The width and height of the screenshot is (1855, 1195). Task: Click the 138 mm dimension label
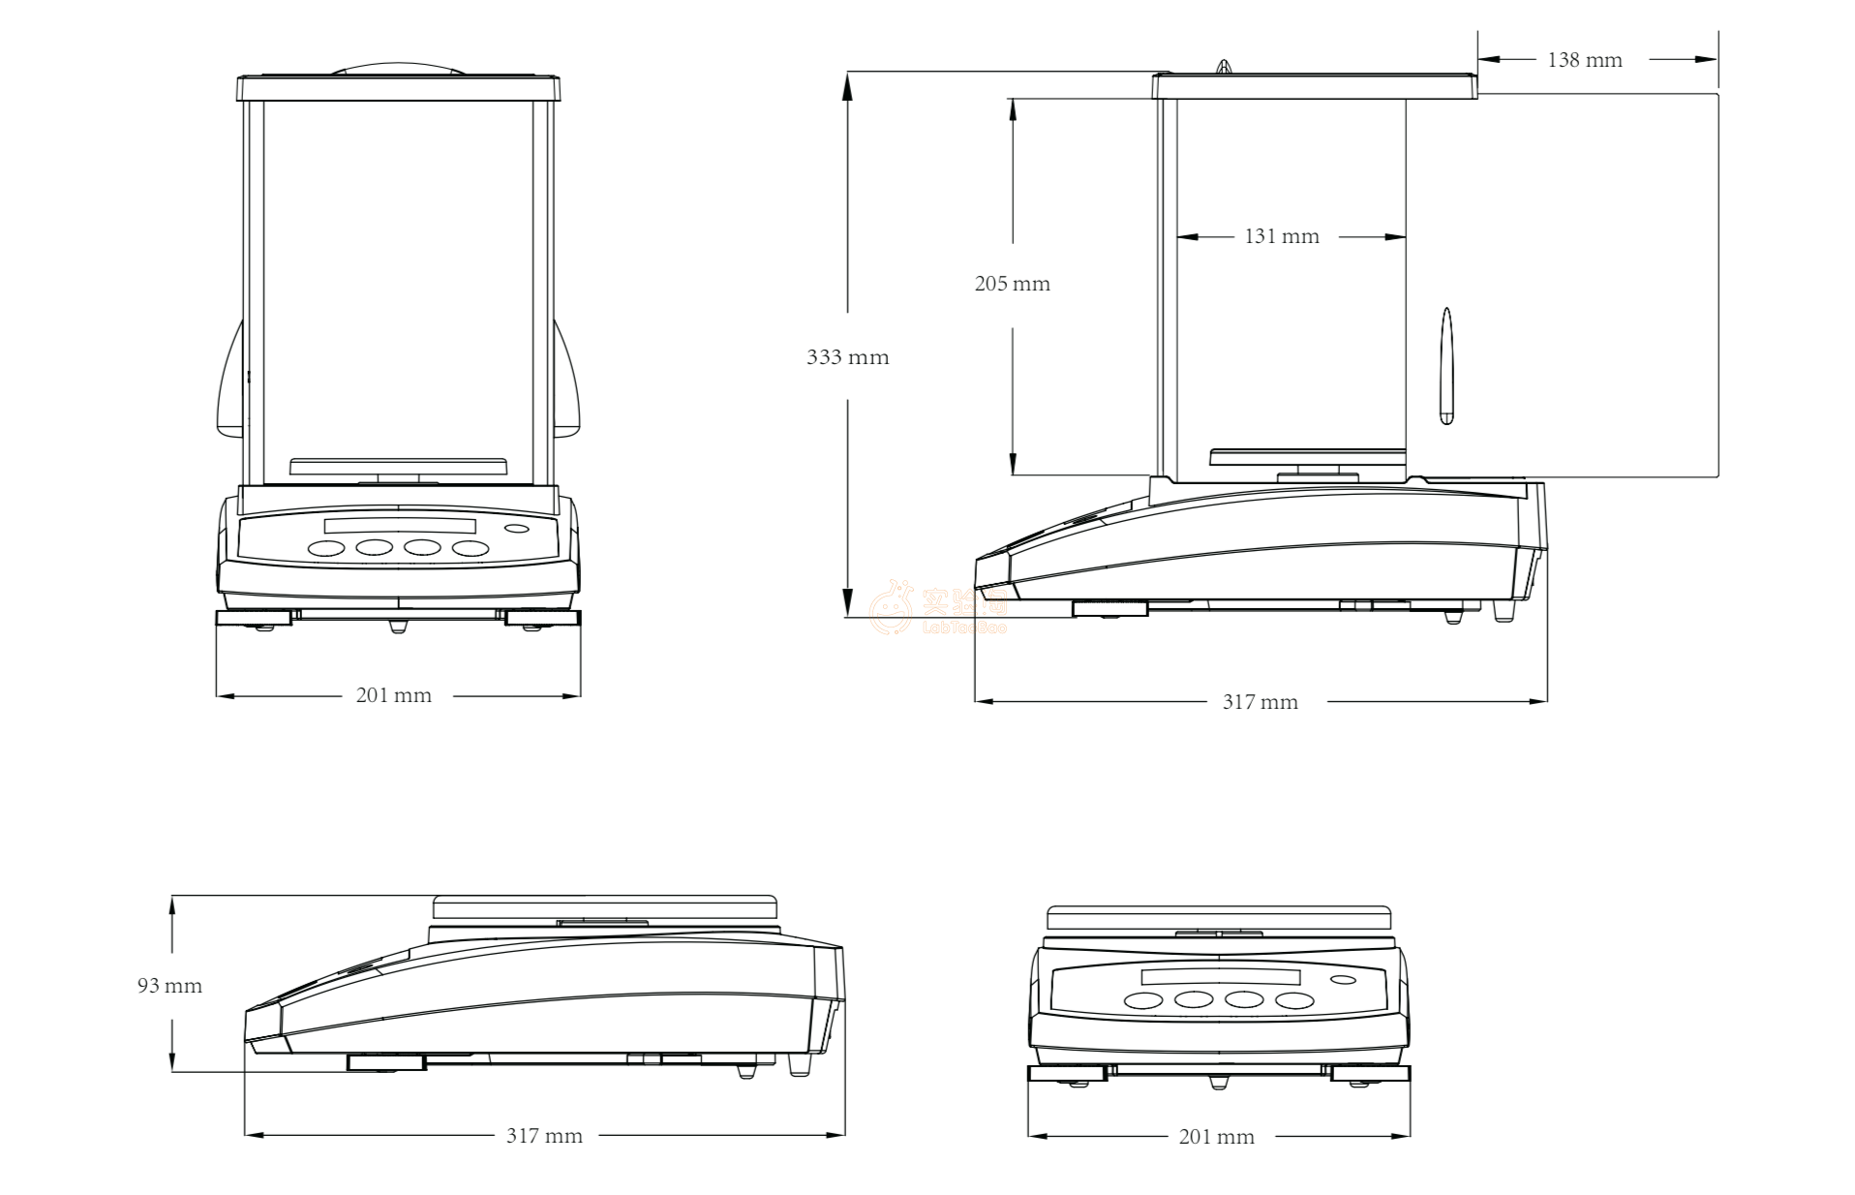click(x=1584, y=60)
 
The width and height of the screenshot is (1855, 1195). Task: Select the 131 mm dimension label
click(x=1281, y=236)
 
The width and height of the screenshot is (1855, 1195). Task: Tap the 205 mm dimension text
click(x=1012, y=284)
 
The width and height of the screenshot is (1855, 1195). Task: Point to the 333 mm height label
click(x=847, y=357)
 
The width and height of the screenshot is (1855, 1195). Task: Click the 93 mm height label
click(x=169, y=986)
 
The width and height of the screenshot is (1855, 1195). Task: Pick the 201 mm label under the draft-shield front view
click(x=393, y=695)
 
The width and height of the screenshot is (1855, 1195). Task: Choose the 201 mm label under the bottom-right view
click(x=1216, y=1137)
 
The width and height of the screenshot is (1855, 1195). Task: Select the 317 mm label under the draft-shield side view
click(x=1260, y=702)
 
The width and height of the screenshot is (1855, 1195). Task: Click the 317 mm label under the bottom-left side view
click(x=544, y=1136)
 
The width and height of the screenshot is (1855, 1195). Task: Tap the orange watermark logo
click(x=892, y=607)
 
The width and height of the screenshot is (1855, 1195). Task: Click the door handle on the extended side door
click(x=1446, y=366)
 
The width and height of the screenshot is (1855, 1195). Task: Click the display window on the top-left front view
click(x=400, y=526)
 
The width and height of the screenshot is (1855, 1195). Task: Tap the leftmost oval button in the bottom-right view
click(x=1143, y=1000)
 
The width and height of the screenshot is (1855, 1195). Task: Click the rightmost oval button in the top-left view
click(x=471, y=549)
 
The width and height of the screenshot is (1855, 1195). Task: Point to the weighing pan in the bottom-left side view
click(x=604, y=907)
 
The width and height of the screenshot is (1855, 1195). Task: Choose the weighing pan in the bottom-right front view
click(x=1219, y=917)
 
